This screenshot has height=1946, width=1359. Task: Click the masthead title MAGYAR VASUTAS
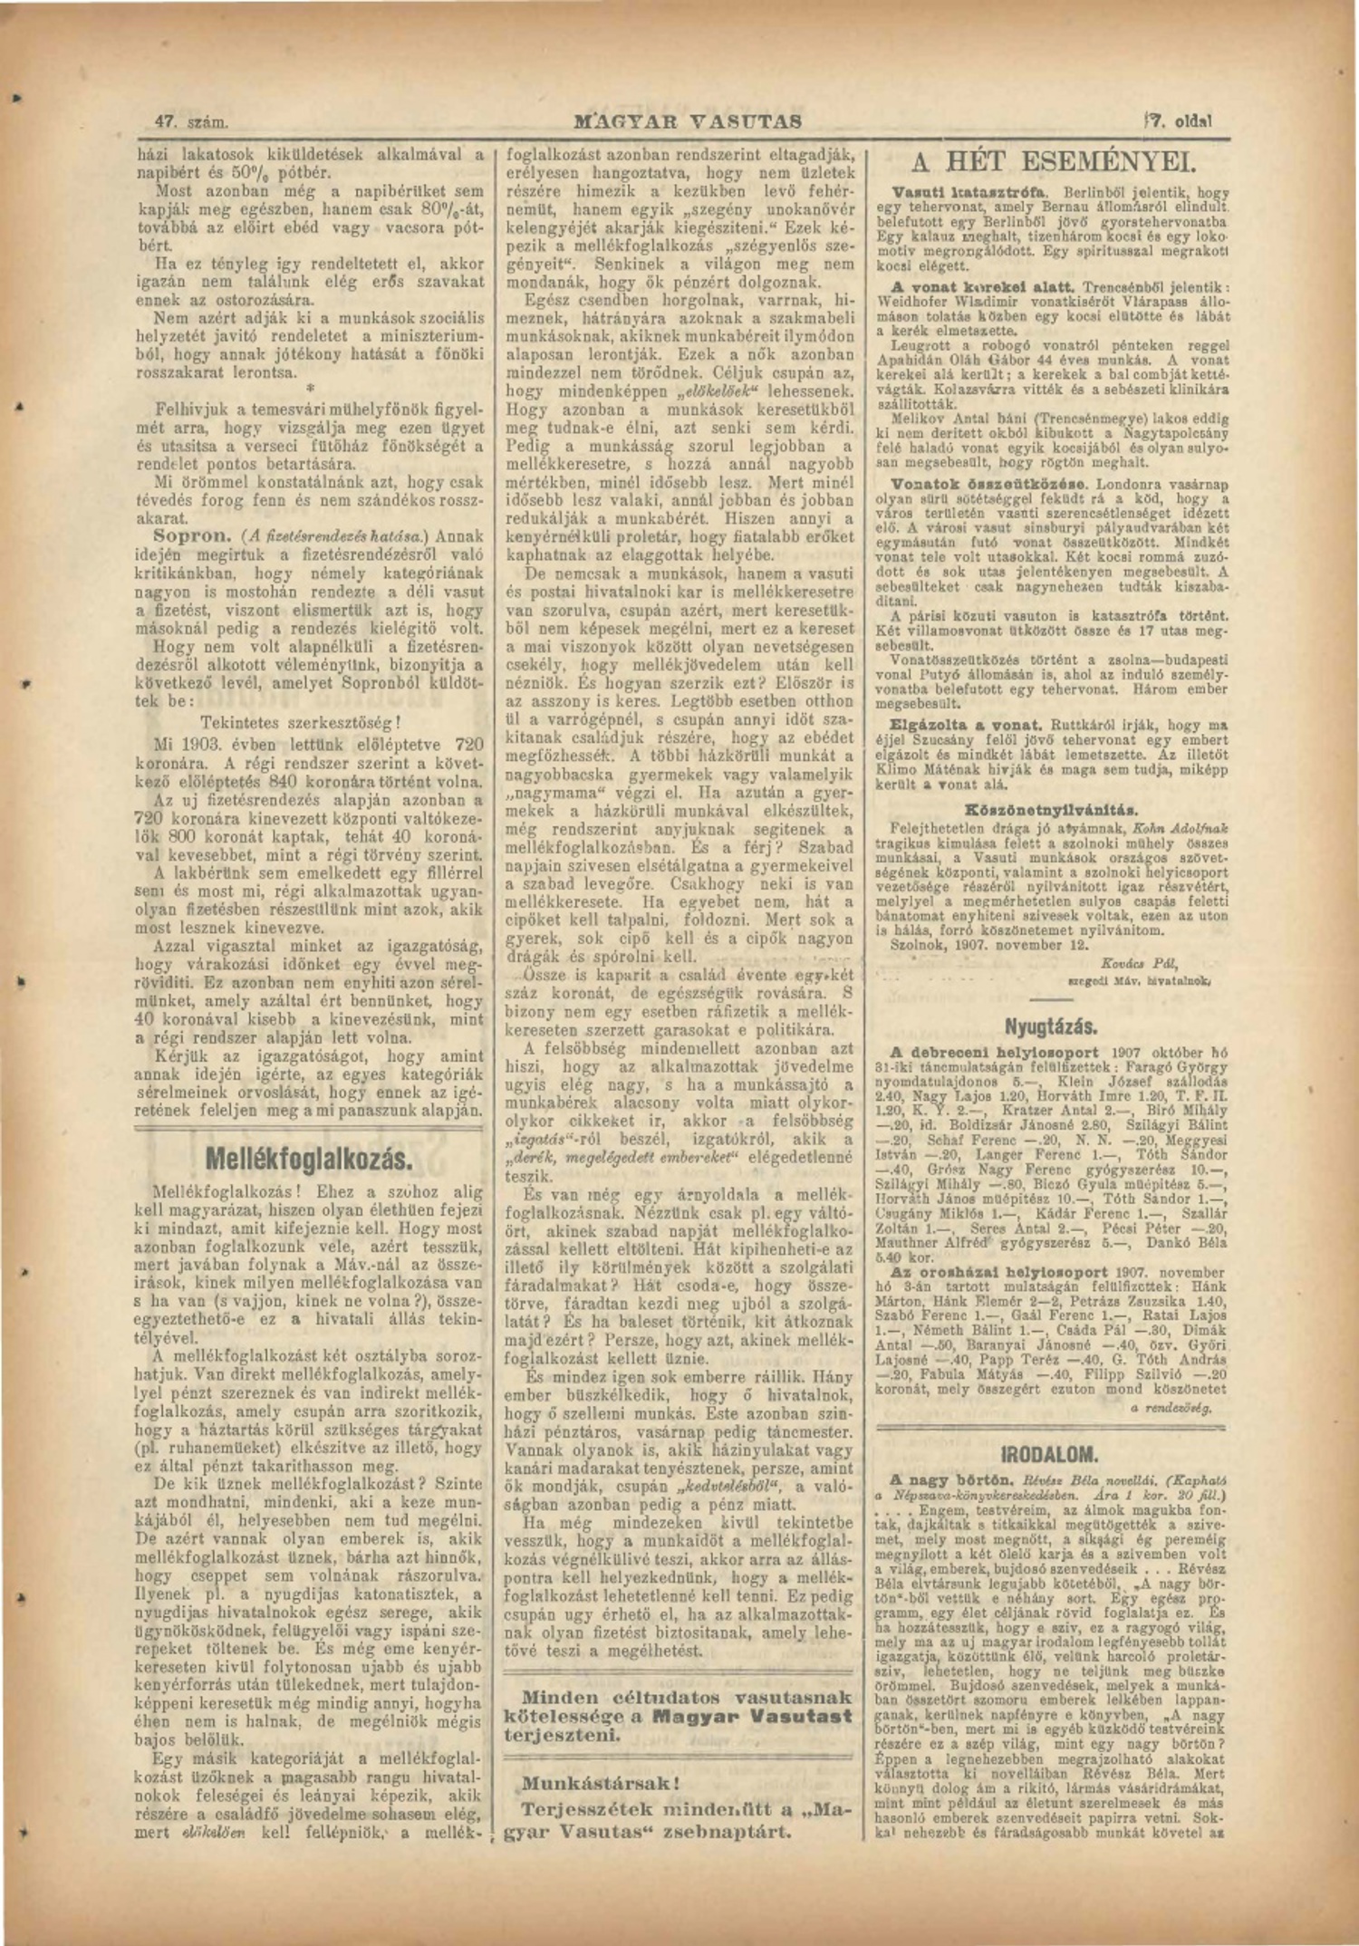688,120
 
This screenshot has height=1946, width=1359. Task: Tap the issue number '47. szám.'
190,121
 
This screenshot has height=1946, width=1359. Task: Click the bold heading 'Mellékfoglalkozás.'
309,1159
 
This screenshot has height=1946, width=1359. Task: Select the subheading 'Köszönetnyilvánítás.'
1051,809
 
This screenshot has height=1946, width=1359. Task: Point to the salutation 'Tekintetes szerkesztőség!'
300,723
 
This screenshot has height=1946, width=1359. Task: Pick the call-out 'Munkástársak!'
600,1784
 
